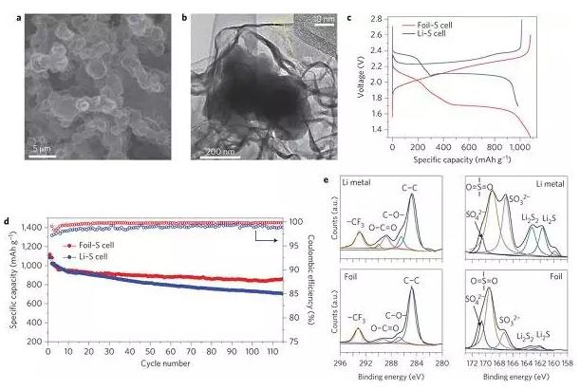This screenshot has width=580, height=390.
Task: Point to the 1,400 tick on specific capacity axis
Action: pyautogui.click(x=31, y=228)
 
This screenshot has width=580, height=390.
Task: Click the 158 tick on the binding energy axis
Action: pyautogui.click(x=567, y=362)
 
